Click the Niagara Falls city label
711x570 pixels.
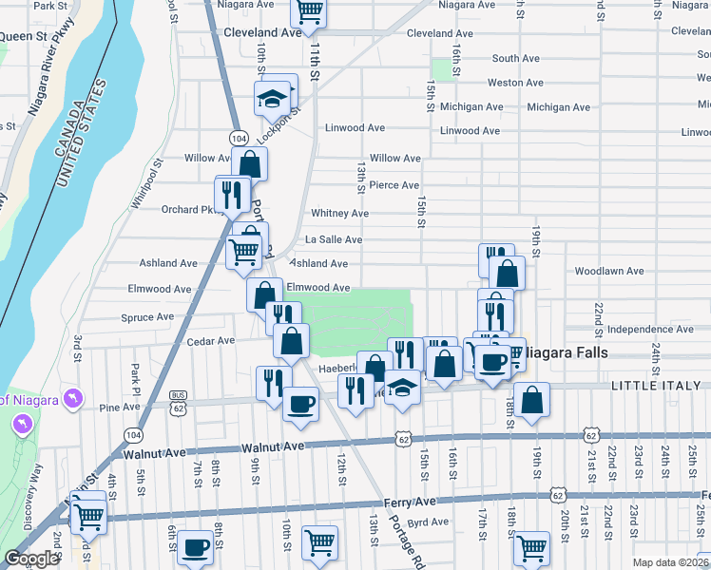click(x=561, y=351)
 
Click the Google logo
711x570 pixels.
click(x=30, y=559)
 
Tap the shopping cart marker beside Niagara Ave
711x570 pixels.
click(x=309, y=11)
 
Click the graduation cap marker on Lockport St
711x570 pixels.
click(x=272, y=98)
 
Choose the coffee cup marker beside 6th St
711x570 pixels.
click(x=196, y=549)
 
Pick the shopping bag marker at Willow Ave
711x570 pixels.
click(x=249, y=163)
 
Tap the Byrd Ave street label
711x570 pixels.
click(x=427, y=522)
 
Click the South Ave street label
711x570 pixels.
click(x=516, y=59)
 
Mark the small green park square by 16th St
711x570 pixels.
click(x=441, y=69)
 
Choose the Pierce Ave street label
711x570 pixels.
click(x=394, y=185)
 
